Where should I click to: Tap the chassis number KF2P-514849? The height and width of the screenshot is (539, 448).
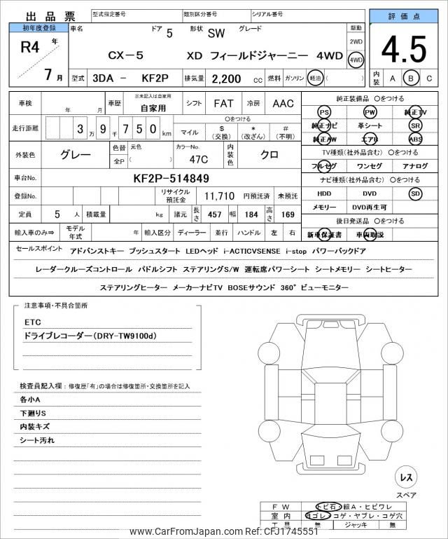(x=171, y=178)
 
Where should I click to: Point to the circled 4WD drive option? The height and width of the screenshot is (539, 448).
(x=356, y=60)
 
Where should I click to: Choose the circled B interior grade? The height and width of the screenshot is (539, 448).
(x=412, y=79)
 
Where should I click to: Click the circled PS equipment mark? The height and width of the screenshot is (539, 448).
(x=323, y=112)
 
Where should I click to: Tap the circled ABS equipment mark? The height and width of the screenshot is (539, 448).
(x=416, y=139)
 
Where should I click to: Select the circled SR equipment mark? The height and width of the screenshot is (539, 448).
(x=416, y=125)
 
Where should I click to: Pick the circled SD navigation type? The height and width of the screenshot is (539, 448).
(x=416, y=193)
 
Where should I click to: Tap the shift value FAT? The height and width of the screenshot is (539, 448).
(x=223, y=104)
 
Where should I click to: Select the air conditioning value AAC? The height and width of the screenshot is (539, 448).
(x=283, y=104)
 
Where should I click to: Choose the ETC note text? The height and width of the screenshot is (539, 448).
(x=33, y=323)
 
